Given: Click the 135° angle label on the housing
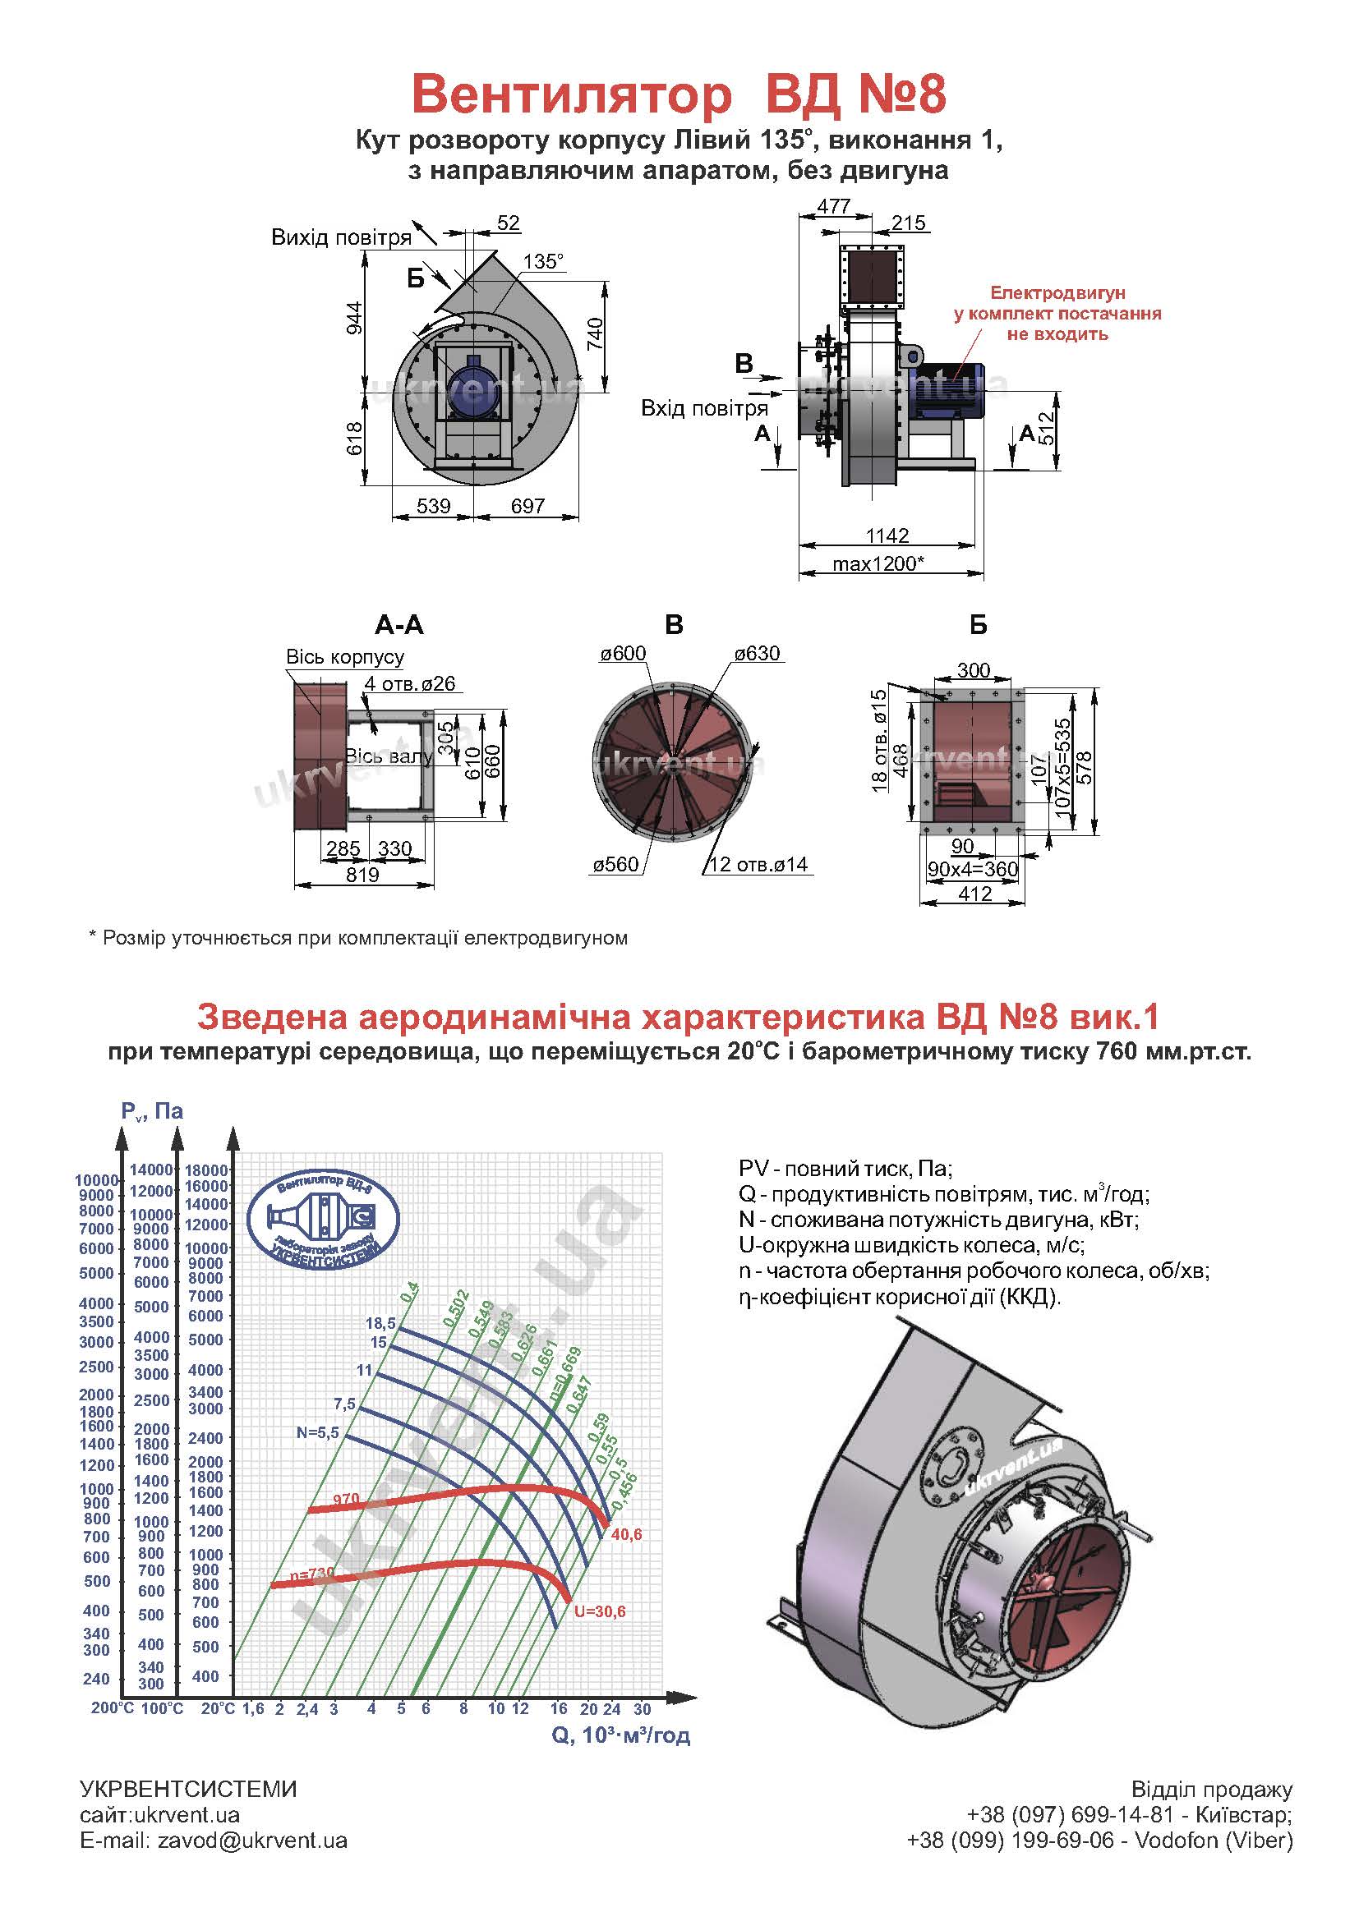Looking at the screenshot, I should (543, 262).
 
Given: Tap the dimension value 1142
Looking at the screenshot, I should (887, 535).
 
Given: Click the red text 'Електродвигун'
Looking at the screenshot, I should (1057, 293).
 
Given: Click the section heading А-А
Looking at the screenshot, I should (399, 625).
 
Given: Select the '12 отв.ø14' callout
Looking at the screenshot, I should (758, 865).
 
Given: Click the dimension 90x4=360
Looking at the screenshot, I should (972, 869).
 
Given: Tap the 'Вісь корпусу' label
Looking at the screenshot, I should (345, 657).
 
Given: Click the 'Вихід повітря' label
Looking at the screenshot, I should (342, 237).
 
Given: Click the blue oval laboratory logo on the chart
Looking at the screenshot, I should (323, 1216).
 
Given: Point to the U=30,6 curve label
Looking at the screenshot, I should (599, 1611).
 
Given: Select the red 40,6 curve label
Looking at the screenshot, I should (626, 1534).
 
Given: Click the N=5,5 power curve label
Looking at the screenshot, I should (317, 1432).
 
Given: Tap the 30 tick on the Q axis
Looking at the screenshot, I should (642, 1709).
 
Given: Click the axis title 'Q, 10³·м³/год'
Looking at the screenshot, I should (621, 1735).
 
